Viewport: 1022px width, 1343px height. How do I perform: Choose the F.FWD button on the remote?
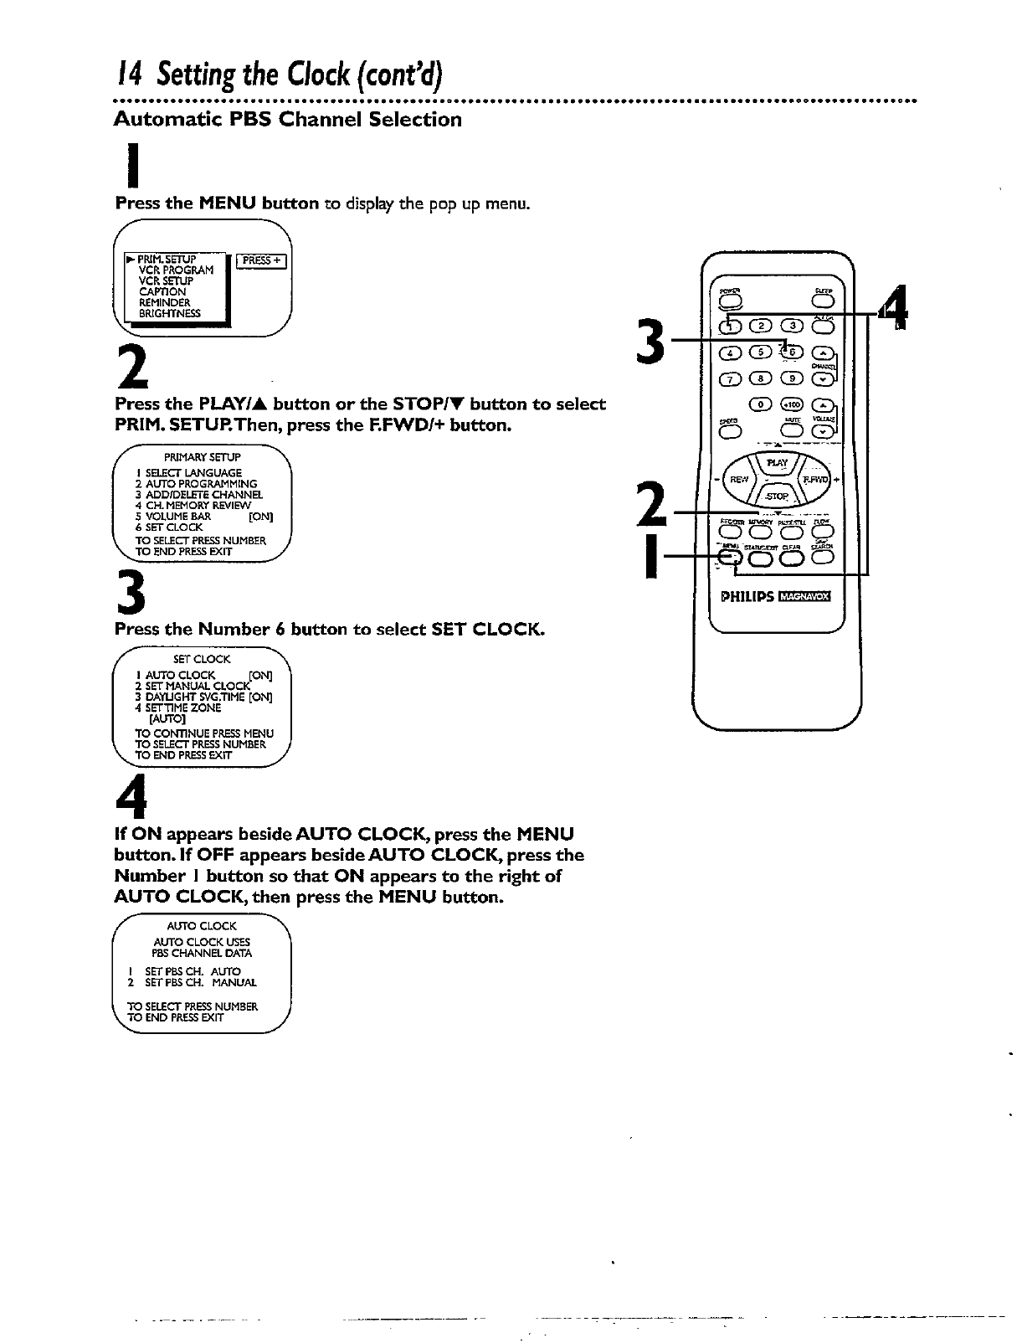click(x=813, y=481)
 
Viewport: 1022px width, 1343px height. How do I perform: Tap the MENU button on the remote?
click(x=731, y=558)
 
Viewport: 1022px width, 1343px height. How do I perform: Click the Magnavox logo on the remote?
click(x=804, y=597)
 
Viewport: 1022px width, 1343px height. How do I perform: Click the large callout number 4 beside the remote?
click(x=895, y=309)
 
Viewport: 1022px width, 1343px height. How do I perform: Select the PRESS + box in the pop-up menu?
click(x=261, y=260)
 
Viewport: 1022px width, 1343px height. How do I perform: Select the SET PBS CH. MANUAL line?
click(x=189, y=982)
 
